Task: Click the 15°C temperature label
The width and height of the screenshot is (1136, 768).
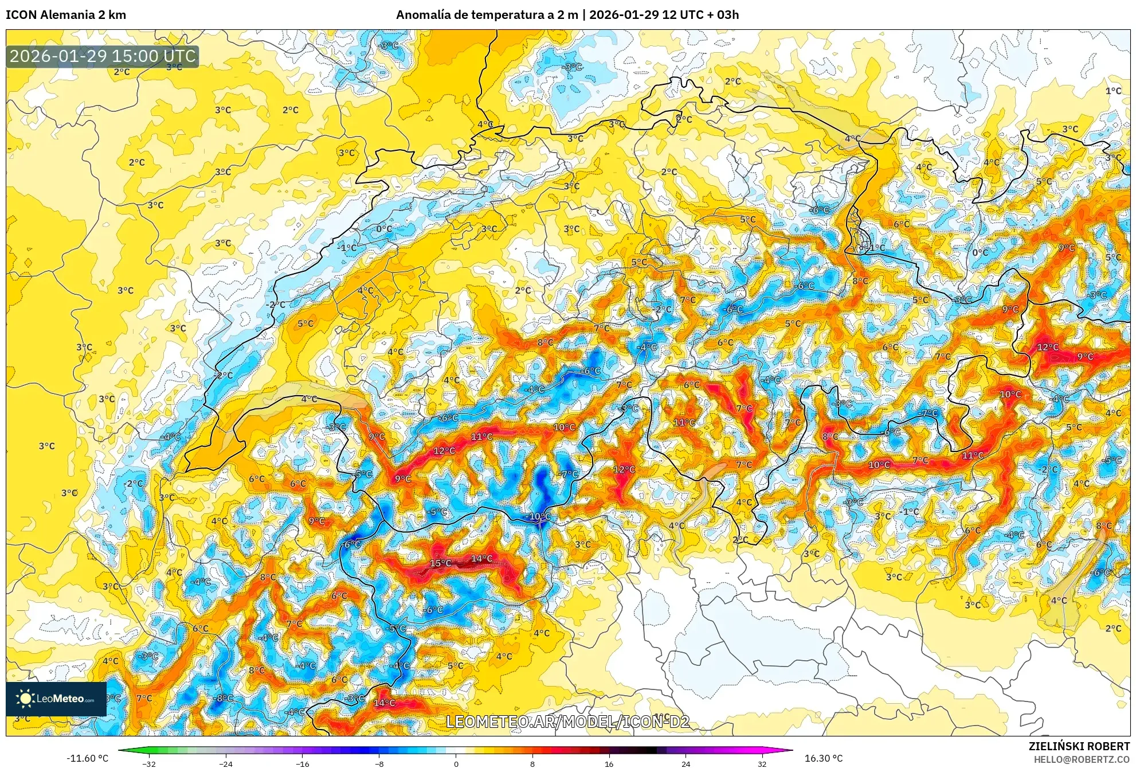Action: point(440,563)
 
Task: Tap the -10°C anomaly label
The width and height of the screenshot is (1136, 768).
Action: point(538,516)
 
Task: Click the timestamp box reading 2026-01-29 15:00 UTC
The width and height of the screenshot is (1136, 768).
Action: point(103,56)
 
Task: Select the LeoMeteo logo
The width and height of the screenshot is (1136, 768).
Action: point(56,699)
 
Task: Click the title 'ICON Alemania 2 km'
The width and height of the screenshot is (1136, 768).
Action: point(66,15)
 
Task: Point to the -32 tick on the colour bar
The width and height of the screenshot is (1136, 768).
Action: point(149,763)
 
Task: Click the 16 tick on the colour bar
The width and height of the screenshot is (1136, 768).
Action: point(609,763)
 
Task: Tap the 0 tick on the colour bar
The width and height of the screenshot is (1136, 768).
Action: point(456,763)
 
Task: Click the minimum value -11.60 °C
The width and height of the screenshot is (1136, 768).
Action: point(87,758)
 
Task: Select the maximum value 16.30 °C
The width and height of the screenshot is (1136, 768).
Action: point(824,758)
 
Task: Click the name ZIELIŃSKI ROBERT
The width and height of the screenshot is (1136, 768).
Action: point(1079,746)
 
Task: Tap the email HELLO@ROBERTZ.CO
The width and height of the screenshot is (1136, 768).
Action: point(1082,759)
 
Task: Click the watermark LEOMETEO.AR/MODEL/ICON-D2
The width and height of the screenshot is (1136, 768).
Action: point(567,722)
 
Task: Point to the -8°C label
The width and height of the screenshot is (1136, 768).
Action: point(224,698)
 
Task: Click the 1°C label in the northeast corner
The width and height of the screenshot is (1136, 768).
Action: point(1113,91)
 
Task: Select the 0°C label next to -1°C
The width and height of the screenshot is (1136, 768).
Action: point(384,229)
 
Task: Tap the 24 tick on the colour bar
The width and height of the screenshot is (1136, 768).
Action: point(685,763)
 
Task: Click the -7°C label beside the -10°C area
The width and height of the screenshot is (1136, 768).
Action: point(569,474)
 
